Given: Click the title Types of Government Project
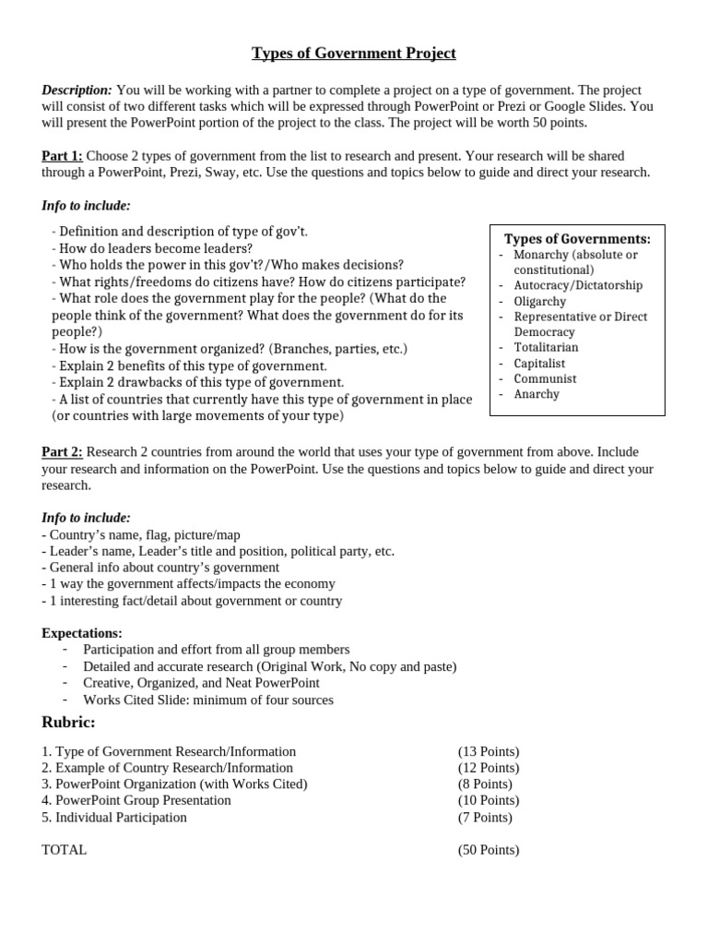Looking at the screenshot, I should (x=354, y=54).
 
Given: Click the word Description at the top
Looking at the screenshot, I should (x=77, y=90).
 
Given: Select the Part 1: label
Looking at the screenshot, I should (x=62, y=156).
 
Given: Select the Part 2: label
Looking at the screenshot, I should (x=62, y=451).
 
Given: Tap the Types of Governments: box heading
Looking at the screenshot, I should (x=577, y=239).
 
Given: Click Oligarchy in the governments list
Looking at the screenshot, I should (x=539, y=301).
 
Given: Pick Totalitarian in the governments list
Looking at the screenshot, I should (x=546, y=347).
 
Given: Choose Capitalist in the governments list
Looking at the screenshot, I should (x=539, y=363).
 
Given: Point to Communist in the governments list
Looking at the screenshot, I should (x=545, y=378).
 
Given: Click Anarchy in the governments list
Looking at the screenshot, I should (x=537, y=394).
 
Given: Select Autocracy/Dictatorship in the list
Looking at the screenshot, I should (x=578, y=285).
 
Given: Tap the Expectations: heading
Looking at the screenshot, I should (x=82, y=633).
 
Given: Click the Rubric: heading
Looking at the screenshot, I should (x=68, y=722).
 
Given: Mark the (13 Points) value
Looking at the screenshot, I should (x=489, y=751).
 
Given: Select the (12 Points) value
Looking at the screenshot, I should (x=489, y=768).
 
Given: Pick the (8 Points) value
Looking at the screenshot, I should (x=485, y=784).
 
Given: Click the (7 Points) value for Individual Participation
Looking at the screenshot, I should (x=485, y=817).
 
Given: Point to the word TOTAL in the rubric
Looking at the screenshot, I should (x=65, y=849).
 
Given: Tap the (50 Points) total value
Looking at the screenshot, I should (x=489, y=849).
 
